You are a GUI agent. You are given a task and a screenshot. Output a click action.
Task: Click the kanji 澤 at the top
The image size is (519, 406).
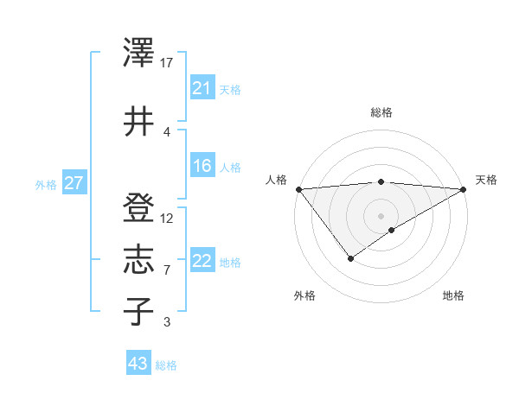pos(139,53)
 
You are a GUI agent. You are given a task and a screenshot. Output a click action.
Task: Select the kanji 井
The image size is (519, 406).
pos(139,122)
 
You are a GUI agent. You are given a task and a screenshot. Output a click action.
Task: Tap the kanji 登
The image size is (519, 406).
pos(139,207)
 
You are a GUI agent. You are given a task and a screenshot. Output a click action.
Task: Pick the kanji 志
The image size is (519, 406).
pos(139,260)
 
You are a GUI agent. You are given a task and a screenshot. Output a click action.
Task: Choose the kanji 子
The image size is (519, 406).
pos(139,311)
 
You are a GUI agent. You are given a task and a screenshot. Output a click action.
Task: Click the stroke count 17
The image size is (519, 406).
pos(167,62)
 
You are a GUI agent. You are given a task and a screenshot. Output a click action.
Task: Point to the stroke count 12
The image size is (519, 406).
pos(167,218)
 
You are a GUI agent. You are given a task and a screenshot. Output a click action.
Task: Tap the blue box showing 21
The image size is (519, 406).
pos(202,88)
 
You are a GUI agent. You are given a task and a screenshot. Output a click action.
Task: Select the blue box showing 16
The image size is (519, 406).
pos(202,166)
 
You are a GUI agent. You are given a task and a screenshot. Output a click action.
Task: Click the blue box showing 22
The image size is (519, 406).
pos(202,261)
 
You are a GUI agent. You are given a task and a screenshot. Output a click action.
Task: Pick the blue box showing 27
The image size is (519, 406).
pos(74,183)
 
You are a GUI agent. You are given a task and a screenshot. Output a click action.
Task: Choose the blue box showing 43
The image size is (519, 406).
pos(138,364)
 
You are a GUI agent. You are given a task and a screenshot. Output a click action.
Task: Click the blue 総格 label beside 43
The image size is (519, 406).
pos(166,365)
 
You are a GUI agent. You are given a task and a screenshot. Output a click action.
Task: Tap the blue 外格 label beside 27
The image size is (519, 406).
pos(46,184)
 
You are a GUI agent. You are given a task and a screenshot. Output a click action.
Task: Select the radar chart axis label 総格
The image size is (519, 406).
pos(381,112)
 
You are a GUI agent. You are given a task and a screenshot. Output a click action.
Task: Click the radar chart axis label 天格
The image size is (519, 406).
pos(486,180)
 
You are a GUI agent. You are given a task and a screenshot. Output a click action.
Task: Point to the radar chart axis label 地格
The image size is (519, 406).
pos(453,295)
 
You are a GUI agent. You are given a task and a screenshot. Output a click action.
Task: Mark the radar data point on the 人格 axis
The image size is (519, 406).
pos(298,189)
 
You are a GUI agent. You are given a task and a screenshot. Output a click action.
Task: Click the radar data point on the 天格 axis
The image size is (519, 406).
pos(464,188)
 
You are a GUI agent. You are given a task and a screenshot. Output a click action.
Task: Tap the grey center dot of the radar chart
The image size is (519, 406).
pos(381,215)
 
